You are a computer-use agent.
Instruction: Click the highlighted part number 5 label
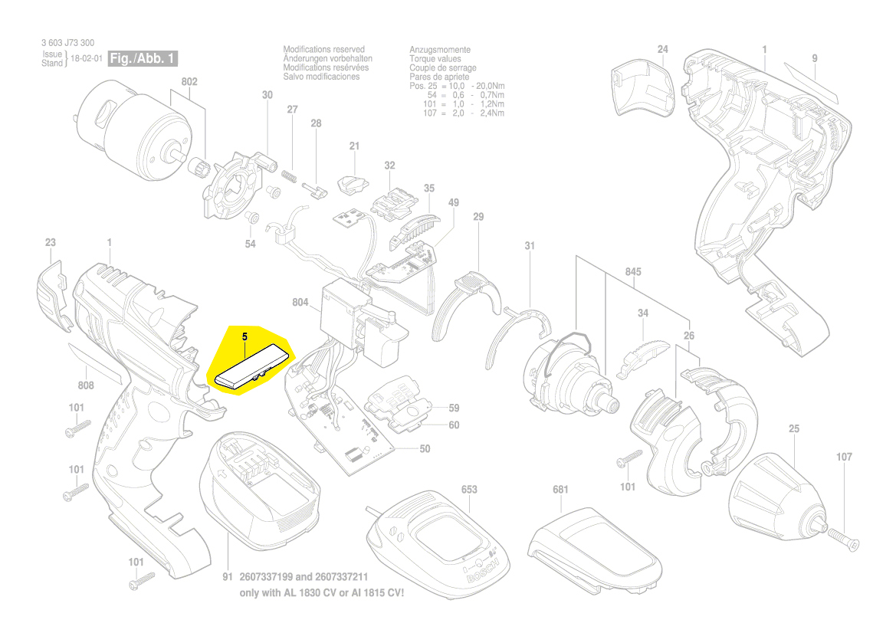coord(245,336)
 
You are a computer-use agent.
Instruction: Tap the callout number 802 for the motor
coord(189,82)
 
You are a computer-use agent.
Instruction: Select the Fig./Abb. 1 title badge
coord(143,58)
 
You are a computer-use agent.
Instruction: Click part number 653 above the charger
coord(469,489)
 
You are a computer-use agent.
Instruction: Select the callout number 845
coord(633,272)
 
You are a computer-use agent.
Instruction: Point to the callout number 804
coord(300,303)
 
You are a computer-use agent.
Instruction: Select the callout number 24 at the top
coord(663,50)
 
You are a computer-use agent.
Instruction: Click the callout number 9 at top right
coord(815,58)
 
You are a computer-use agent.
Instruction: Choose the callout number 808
coord(86,385)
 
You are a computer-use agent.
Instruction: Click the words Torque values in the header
coord(435,58)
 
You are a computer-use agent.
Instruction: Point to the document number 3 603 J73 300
coord(68,44)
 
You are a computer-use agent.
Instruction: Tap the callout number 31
coord(530,246)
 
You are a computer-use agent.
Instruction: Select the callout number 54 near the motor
coord(250,244)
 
